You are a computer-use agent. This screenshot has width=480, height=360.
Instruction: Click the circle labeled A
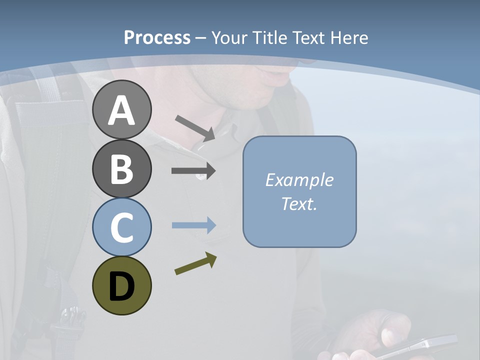[x=121, y=109]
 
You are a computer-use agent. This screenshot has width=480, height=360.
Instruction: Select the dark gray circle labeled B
[x=121, y=168]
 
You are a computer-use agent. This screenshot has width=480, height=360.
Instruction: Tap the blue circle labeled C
[x=121, y=227]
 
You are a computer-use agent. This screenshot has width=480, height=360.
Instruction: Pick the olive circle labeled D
[x=121, y=285]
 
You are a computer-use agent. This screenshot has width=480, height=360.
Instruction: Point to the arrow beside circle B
[x=193, y=171]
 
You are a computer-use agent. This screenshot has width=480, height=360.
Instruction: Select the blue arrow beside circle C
[x=193, y=225]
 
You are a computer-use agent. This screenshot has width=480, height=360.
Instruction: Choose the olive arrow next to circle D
[x=195, y=263]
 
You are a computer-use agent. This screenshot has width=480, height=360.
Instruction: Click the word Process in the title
[x=157, y=37]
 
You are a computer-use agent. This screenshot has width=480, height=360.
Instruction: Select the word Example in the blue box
[x=299, y=180]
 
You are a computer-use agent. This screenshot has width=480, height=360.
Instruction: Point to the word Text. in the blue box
[x=299, y=203]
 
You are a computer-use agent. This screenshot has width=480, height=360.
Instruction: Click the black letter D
[x=121, y=286]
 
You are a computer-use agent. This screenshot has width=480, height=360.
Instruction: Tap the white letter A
[x=121, y=110]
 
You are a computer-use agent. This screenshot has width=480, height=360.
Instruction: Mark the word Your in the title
[x=230, y=37]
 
